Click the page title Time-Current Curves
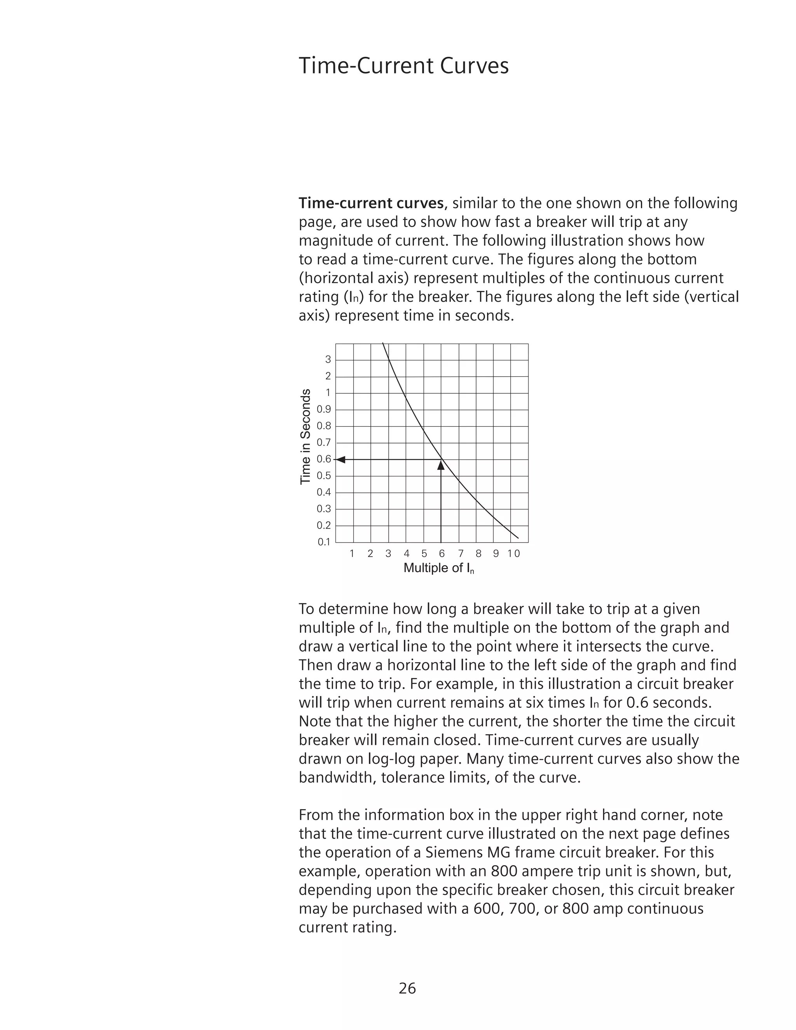click(x=404, y=66)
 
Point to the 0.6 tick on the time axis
click(x=324, y=459)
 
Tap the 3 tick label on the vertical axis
click(x=328, y=360)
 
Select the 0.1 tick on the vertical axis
click(x=324, y=542)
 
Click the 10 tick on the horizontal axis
click(x=513, y=553)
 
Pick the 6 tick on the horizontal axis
click(x=442, y=553)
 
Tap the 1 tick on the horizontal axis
click(x=352, y=553)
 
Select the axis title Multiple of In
click(x=438, y=568)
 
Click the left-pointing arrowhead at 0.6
click(x=340, y=459)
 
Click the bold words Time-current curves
click(x=371, y=203)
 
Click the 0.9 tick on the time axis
click(x=324, y=409)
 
